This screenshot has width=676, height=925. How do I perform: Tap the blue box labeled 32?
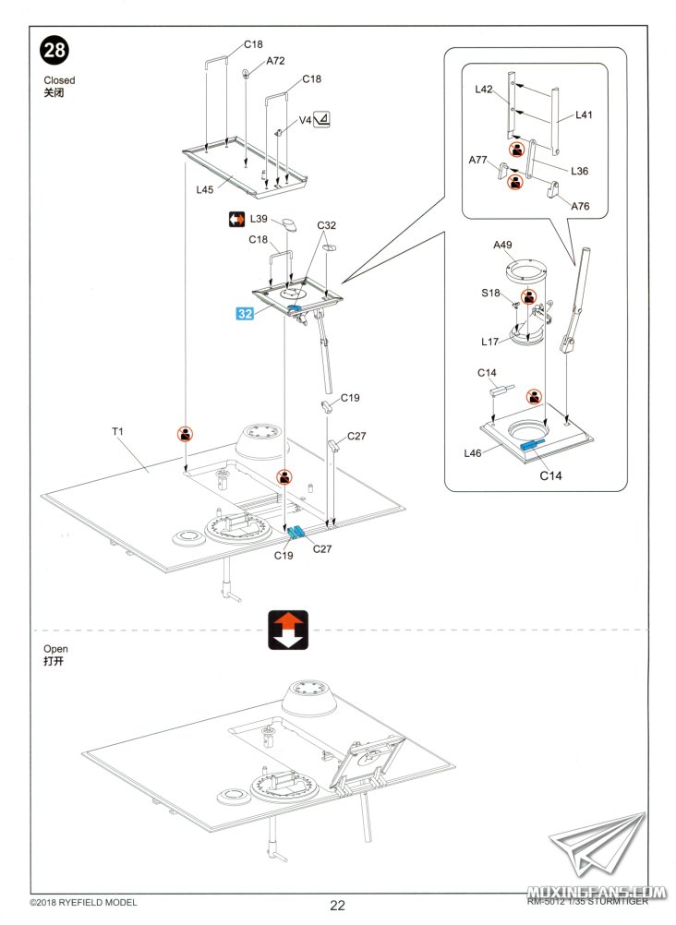(x=245, y=313)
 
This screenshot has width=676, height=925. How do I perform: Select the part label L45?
(x=205, y=189)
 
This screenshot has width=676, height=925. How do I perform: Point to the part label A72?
(x=275, y=61)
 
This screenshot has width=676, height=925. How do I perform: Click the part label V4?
(x=304, y=121)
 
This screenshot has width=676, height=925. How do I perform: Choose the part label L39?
(x=259, y=219)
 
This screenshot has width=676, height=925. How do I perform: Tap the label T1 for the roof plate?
(x=118, y=431)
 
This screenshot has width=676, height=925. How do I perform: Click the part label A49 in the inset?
(x=502, y=245)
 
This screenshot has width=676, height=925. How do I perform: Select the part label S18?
(x=490, y=293)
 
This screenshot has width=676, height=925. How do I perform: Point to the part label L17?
(x=489, y=342)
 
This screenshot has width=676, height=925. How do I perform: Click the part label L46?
(x=473, y=452)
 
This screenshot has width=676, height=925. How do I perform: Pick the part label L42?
(x=485, y=90)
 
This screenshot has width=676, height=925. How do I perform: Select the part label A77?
(x=477, y=160)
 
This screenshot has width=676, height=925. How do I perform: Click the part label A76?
(x=580, y=206)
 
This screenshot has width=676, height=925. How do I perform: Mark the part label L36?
(x=579, y=171)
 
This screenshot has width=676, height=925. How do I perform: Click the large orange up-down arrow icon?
(x=287, y=630)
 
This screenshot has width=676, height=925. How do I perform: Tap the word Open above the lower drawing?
(x=56, y=649)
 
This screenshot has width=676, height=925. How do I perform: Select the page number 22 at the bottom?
(x=338, y=906)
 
